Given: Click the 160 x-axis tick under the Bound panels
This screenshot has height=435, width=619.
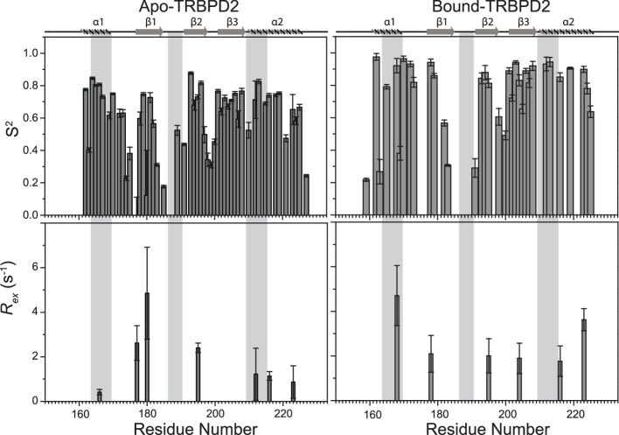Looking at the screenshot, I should [371, 412].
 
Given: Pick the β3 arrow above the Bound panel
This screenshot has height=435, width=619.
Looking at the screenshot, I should [522, 31].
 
